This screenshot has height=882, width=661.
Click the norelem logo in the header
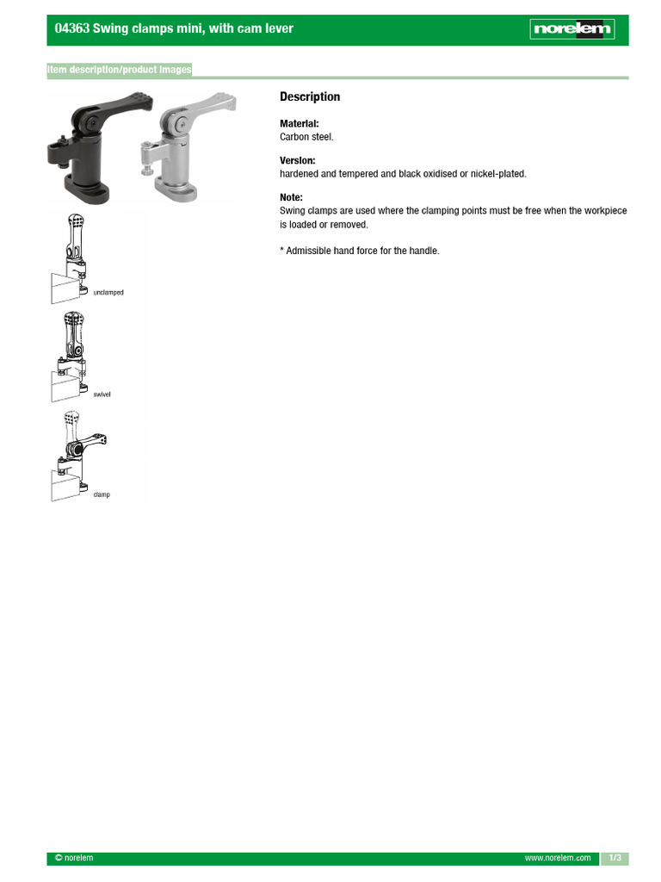(x=572, y=29)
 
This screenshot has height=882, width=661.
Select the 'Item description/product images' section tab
(x=120, y=70)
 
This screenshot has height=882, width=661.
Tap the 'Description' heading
(x=310, y=96)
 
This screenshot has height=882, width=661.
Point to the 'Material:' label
(x=299, y=124)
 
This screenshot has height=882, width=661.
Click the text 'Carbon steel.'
(x=306, y=137)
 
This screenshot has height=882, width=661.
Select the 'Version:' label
(x=297, y=161)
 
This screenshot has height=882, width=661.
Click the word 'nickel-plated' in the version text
(x=497, y=174)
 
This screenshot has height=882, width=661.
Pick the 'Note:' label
(x=291, y=197)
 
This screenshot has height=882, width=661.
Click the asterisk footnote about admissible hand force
(x=359, y=251)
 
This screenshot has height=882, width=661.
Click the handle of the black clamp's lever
(x=129, y=104)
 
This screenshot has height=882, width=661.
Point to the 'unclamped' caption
(x=108, y=293)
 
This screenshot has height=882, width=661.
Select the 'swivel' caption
(x=102, y=394)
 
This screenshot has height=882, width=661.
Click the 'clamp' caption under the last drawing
(x=102, y=494)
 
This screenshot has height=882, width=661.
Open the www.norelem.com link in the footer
(x=558, y=858)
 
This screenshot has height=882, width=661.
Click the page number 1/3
(x=615, y=858)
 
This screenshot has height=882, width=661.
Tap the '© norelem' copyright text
(x=74, y=858)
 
